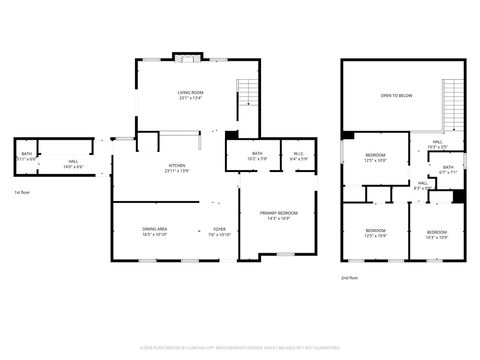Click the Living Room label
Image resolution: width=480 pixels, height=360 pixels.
[190, 96]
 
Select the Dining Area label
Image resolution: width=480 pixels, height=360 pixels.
[154, 231]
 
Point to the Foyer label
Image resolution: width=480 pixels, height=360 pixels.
[219, 231]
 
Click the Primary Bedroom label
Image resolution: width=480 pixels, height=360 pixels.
[277, 215]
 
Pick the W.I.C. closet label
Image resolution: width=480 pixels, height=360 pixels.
[299, 155]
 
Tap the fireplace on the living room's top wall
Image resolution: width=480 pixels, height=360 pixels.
[186, 57]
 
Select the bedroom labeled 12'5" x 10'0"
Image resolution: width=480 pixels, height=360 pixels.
[375, 157]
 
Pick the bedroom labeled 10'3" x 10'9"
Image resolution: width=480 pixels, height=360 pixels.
[437, 234]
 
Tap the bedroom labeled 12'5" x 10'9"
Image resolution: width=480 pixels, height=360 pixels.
[375, 234]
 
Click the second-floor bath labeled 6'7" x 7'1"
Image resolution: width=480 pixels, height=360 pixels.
[448, 169]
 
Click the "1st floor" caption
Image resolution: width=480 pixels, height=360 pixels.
[22, 191]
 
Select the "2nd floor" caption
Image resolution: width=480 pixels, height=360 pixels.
[350, 276]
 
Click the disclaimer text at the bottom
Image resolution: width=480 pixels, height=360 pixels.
[240, 348]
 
